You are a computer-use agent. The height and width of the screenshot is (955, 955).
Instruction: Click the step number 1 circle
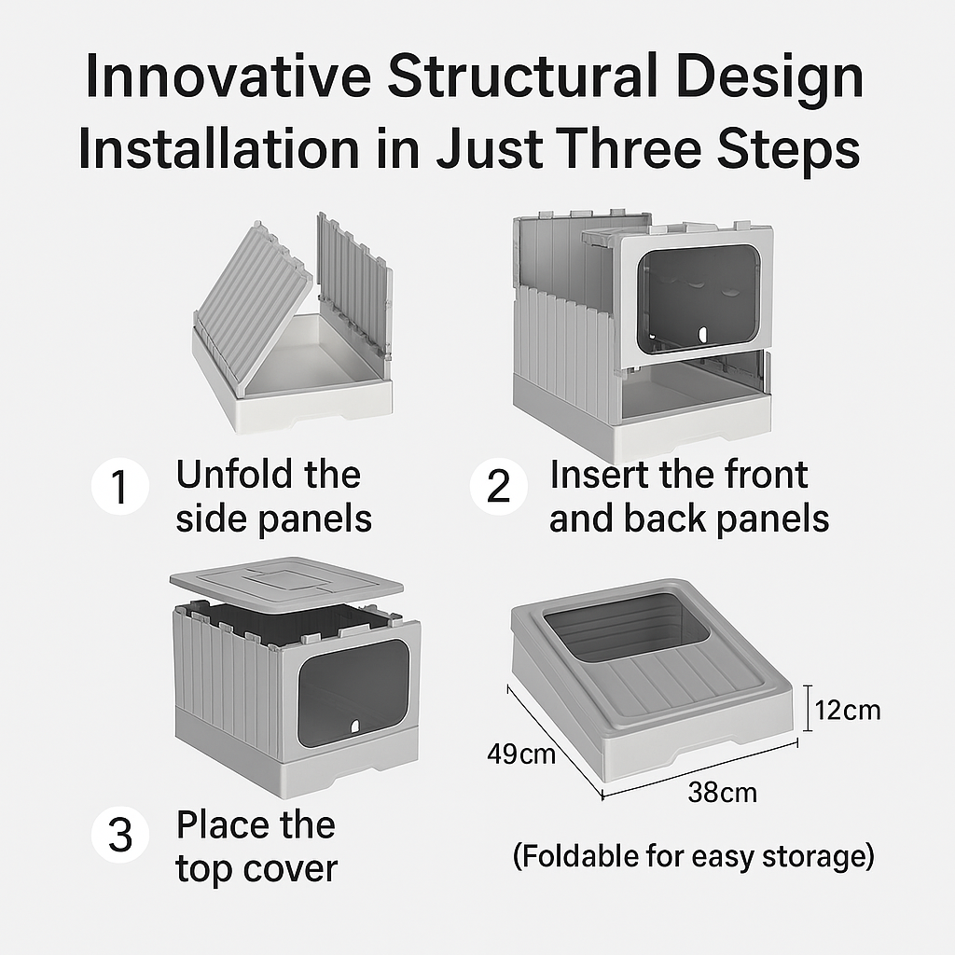pos(120,486)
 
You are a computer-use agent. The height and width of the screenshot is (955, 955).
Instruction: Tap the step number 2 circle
pos(498,486)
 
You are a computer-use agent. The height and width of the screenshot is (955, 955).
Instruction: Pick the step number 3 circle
pos(120,834)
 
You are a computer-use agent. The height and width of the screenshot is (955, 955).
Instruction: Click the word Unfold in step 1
pos(234,475)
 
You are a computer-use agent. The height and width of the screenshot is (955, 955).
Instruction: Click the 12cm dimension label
pos(847,710)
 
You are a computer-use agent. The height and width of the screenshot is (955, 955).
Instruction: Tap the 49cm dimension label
pos(521,754)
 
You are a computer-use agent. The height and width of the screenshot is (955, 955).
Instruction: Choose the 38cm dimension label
pos(723,793)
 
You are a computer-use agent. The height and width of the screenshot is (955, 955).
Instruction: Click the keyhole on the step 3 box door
pos(354,726)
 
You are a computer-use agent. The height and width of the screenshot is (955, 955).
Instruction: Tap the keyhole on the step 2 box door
pos(703,335)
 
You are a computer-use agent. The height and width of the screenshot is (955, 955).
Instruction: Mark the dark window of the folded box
pos(627,628)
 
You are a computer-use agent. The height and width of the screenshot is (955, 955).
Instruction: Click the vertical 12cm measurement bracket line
pos(808,708)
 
